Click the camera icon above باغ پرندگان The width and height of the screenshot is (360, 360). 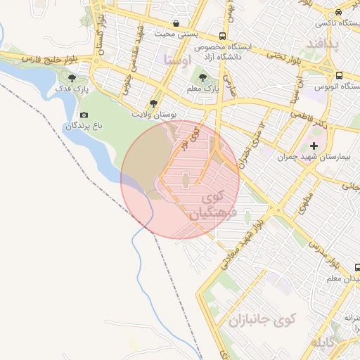84,115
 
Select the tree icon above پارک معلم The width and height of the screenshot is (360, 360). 204,78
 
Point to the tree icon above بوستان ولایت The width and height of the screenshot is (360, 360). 153,103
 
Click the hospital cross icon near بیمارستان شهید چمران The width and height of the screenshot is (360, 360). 314,146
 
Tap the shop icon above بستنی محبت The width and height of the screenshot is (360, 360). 175,23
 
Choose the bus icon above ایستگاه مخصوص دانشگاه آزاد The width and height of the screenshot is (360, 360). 223,36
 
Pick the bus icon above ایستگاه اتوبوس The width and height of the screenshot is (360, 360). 339,75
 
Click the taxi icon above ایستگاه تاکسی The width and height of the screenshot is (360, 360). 339,13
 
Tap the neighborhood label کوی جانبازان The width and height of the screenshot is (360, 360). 262,319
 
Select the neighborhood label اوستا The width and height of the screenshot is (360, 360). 176,60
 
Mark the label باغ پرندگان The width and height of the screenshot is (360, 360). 84,127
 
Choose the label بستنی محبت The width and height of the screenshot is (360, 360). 174,34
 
